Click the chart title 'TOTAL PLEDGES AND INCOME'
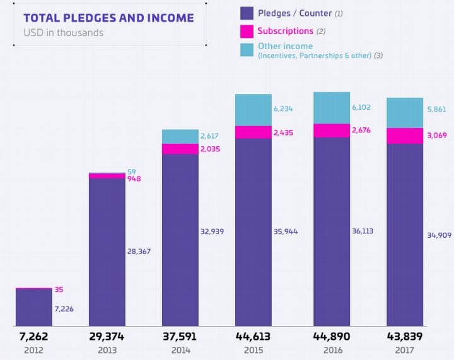(x=108, y=18)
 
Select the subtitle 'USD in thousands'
(x=63, y=32)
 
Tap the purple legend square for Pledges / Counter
(x=247, y=13)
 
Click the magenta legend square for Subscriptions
(x=247, y=31)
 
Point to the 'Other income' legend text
(x=285, y=47)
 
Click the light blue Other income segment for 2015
(x=253, y=110)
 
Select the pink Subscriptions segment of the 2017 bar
(x=405, y=136)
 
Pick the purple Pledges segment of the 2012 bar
(x=34, y=307)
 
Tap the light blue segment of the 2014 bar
(x=180, y=136)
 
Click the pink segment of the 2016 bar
(x=332, y=131)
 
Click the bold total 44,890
(x=332, y=337)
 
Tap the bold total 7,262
(x=34, y=337)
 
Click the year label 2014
(x=180, y=349)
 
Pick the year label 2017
(x=405, y=349)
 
